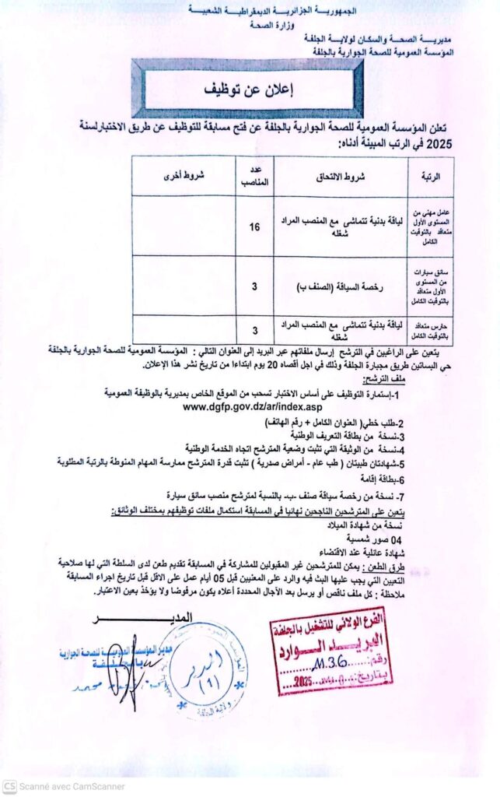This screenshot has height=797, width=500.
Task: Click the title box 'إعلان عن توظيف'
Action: tap(247, 89)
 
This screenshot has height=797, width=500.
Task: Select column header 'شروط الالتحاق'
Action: tap(337, 176)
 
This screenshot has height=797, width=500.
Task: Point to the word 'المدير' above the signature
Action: tap(194, 618)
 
